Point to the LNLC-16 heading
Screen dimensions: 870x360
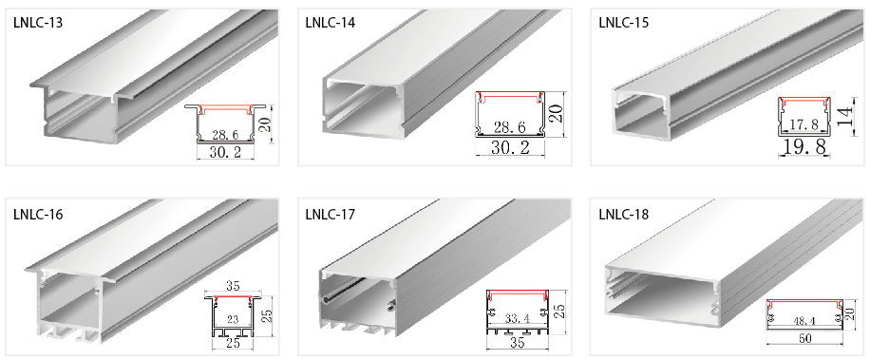coord(38,214)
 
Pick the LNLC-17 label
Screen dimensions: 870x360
coord(331,214)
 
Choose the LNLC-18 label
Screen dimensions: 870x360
coord(624,214)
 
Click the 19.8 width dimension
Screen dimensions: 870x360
coord(804,146)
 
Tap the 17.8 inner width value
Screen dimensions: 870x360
coord(804,124)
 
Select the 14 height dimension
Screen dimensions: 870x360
coord(847,117)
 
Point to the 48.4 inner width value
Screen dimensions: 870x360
coord(803,320)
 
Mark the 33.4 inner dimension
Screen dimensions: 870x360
coord(517,319)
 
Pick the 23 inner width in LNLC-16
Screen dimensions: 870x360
coord(233,319)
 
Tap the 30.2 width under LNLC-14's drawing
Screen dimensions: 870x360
coord(510,148)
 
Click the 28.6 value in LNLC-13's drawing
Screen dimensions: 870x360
coord(225,135)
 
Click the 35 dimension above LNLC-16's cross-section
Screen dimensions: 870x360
coord(233,287)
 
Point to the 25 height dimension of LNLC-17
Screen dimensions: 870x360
coord(560,311)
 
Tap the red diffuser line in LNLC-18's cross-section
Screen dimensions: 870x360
coord(804,303)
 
